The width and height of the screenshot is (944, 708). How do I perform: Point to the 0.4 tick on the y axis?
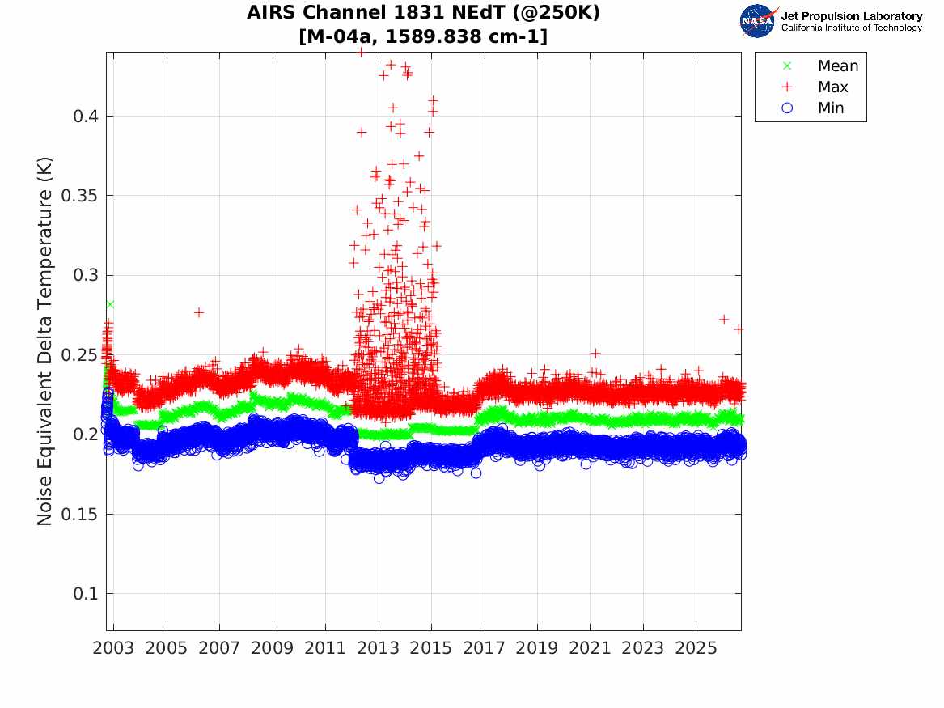(86, 117)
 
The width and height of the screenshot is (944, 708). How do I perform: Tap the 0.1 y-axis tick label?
(86, 594)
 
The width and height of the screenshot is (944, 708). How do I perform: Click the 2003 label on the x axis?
(113, 648)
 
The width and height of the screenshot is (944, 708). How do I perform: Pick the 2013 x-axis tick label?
(379, 648)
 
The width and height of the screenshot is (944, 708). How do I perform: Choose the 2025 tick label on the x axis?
(696, 648)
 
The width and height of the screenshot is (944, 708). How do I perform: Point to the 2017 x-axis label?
(484, 648)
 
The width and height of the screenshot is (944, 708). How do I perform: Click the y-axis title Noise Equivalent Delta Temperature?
(44, 341)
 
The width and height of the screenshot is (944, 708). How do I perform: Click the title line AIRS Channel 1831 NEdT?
(423, 13)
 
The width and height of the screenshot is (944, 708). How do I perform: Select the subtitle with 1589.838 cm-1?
(423, 36)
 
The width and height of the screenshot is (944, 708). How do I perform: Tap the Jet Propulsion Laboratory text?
(852, 16)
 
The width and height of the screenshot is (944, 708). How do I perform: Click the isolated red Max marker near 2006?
(199, 312)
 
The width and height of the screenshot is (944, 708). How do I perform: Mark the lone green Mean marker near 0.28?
(109, 304)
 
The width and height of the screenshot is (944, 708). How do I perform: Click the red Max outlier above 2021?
(595, 354)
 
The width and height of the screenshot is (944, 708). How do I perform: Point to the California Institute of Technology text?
(852, 28)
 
